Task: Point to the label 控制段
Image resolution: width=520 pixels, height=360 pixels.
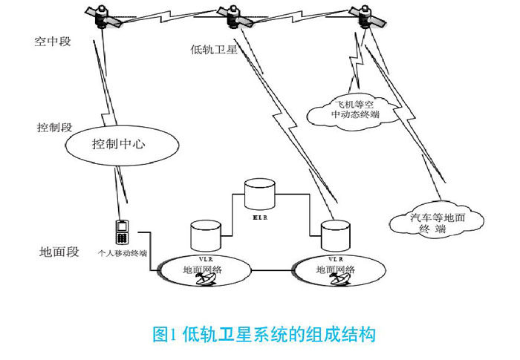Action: (x=53, y=128)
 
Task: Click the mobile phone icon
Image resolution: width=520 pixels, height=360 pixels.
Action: (x=120, y=232)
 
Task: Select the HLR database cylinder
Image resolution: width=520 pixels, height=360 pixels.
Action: (x=260, y=194)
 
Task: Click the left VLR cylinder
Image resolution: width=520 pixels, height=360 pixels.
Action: (x=204, y=235)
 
